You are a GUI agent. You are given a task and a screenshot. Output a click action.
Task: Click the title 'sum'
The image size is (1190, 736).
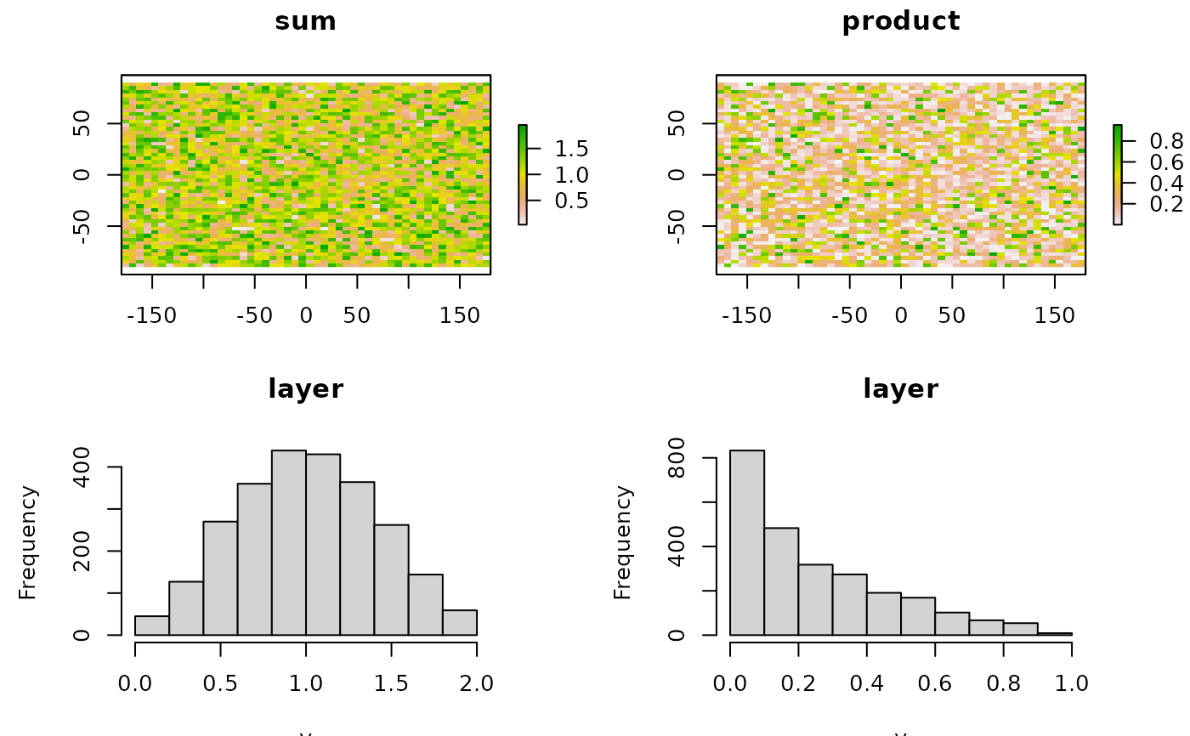[x=305, y=21]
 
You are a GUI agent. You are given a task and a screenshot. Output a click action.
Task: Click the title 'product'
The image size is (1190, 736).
[x=900, y=21]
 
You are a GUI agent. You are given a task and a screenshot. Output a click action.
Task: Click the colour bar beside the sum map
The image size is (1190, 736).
[x=523, y=174]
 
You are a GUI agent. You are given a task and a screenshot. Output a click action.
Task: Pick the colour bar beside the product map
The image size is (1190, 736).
[x=1118, y=174]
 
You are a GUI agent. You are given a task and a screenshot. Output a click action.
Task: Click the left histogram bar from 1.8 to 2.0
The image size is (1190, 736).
[x=459, y=622]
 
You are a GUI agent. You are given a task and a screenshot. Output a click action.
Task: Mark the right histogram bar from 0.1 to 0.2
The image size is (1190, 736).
[x=781, y=581]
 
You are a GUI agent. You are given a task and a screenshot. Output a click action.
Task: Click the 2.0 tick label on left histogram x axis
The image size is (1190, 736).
[x=476, y=682]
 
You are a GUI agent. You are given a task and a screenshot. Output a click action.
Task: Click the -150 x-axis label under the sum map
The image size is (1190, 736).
[x=151, y=316]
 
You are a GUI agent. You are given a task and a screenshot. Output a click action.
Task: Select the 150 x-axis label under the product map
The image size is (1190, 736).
[x=1054, y=316]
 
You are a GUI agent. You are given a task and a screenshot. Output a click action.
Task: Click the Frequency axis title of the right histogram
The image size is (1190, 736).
[x=623, y=542]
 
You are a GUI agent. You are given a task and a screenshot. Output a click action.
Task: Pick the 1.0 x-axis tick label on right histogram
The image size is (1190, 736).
[x=1071, y=682]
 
